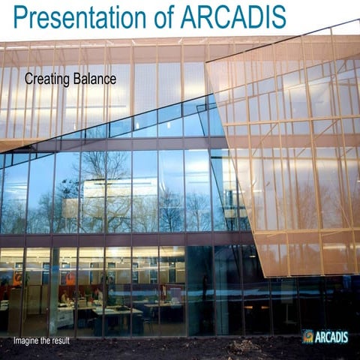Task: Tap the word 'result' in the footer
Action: [79, 342]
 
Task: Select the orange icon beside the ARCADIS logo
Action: [308, 337]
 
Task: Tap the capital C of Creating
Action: [29, 78]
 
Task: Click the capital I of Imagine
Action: [15, 342]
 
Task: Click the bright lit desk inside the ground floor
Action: [112, 310]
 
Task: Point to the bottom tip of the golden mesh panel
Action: [262, 276]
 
